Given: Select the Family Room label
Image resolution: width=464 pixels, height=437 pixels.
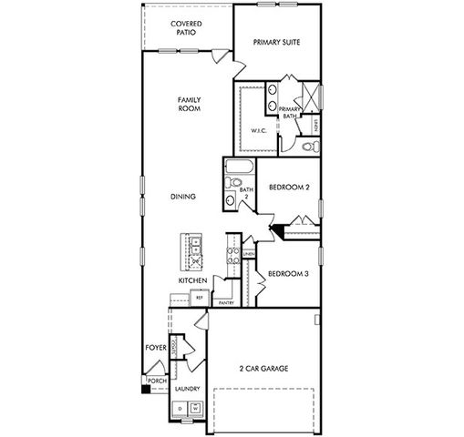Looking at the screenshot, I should click(189, 104).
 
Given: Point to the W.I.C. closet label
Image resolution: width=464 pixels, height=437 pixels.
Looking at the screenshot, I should click(258, 131).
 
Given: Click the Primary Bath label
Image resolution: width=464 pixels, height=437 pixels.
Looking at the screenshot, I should click(291, 113).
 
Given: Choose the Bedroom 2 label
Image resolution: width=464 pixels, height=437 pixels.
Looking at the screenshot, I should click(290, 188).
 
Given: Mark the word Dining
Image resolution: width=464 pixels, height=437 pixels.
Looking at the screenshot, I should click(184, 196).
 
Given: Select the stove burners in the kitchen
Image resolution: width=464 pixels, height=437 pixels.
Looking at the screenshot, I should click(233, 256).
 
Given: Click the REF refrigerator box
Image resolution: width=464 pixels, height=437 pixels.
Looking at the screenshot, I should click(198, 297).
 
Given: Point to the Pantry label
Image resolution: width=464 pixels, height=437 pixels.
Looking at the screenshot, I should click(226, 303).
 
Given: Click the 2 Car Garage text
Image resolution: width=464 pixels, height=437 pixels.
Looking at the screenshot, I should click(263, 369).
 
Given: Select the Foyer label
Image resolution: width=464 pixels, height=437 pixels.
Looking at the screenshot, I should click(155, 348).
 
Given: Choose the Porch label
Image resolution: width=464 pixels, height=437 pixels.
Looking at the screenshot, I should click(157, 381).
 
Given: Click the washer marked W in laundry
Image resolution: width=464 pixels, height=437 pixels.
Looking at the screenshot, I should click(195, 409).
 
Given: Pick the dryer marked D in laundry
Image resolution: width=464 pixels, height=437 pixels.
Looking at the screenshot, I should click(180, 409).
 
